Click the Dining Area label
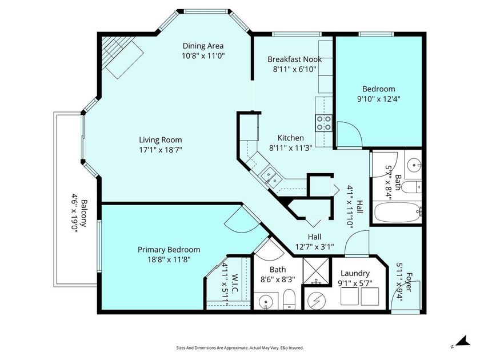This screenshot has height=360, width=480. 203,46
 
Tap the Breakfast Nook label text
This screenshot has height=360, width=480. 294,59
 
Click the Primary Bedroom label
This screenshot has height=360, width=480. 169,249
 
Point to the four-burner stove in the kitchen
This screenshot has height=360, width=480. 324,122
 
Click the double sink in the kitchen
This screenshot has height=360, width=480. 268,177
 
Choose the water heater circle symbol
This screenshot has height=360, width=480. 315,299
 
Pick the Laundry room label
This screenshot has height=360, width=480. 355,273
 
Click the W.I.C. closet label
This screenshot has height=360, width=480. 234,283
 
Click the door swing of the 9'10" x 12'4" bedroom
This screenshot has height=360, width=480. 347,134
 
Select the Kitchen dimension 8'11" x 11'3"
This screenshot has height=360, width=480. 290,148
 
